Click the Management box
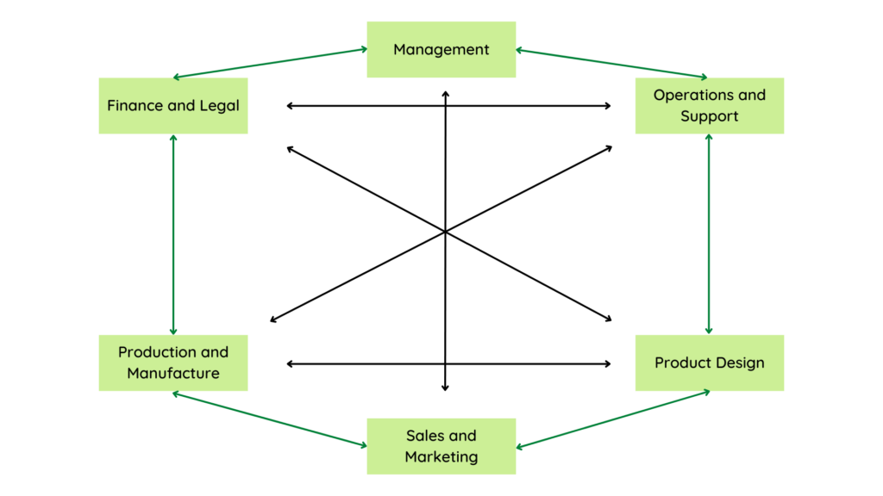441,49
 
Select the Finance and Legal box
172,106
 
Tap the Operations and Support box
709,106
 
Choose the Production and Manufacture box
172,363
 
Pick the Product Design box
709,363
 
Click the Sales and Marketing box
441,446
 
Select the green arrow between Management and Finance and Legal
271,64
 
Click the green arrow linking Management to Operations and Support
611,64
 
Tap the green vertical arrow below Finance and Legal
173,234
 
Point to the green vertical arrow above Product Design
709,234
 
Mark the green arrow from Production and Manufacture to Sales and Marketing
270,419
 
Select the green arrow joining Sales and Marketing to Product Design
612,419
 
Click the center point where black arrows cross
445,231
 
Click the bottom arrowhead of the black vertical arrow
445,388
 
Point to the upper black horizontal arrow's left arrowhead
289,106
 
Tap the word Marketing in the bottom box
441,456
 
